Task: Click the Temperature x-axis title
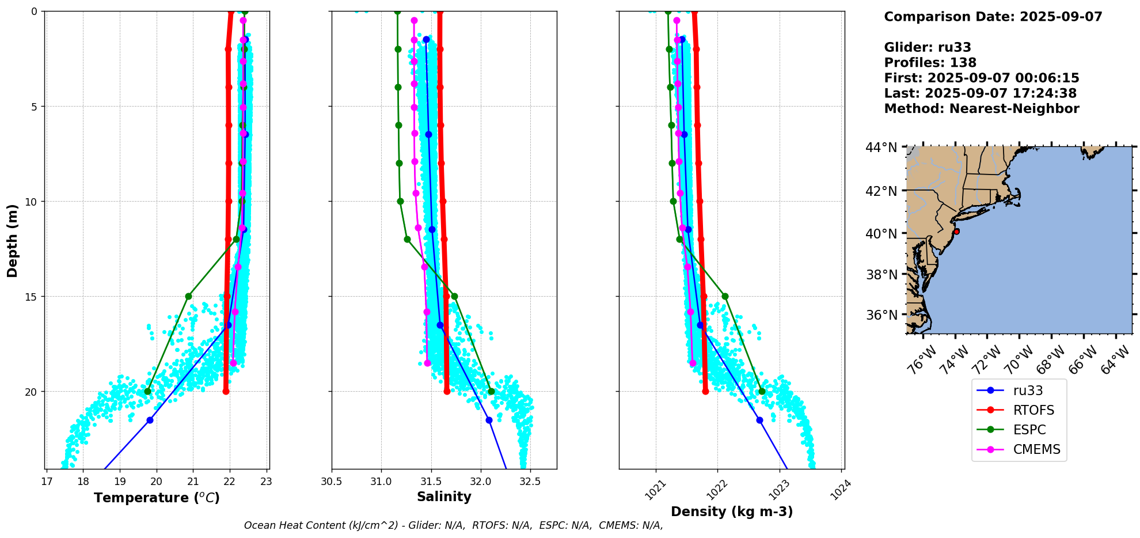[x=157, y=498]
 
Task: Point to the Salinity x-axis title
[x=444, y=497]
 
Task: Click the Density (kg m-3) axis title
[x=731, y=512]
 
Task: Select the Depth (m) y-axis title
[x=12, y=241]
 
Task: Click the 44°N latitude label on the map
[x=881, y=148]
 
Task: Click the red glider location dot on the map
[x=956, y=232]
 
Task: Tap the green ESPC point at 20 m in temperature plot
[x=147, y=392]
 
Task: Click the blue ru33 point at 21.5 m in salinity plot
[x=489, y=420]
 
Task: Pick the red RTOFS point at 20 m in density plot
[x=705, y=392]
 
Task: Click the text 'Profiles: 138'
[x=930, y=63]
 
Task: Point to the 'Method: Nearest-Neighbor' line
[x=981, y=109]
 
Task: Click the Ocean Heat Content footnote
[x=453, y=525]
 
